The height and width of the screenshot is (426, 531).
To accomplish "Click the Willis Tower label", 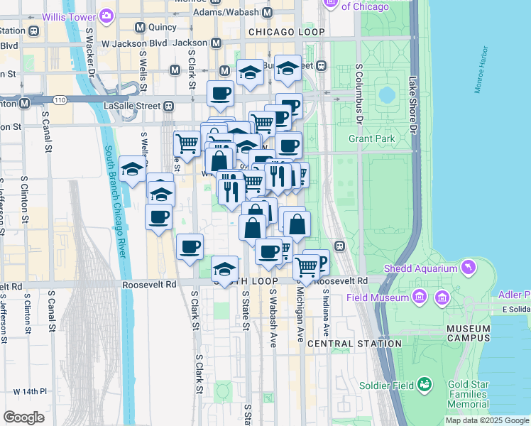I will pos(71,16).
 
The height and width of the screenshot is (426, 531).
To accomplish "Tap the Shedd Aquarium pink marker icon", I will pos(468,267).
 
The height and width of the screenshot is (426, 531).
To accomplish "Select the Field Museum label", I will pos(376,297).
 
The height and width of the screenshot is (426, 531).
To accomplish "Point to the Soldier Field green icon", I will pos(425,385).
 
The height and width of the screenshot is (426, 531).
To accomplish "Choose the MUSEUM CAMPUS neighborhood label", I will pos(469,334).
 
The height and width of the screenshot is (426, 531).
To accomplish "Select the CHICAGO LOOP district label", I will pos(287,33).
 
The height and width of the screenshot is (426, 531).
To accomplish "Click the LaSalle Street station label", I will pos(135,106).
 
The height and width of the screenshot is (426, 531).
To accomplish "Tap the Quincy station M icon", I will pos(140,28).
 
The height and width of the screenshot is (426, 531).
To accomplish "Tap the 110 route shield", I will pos(61,101).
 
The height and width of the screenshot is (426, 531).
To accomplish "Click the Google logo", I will pos(24,417).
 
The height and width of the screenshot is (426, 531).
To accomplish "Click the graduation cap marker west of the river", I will pos(132,169).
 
